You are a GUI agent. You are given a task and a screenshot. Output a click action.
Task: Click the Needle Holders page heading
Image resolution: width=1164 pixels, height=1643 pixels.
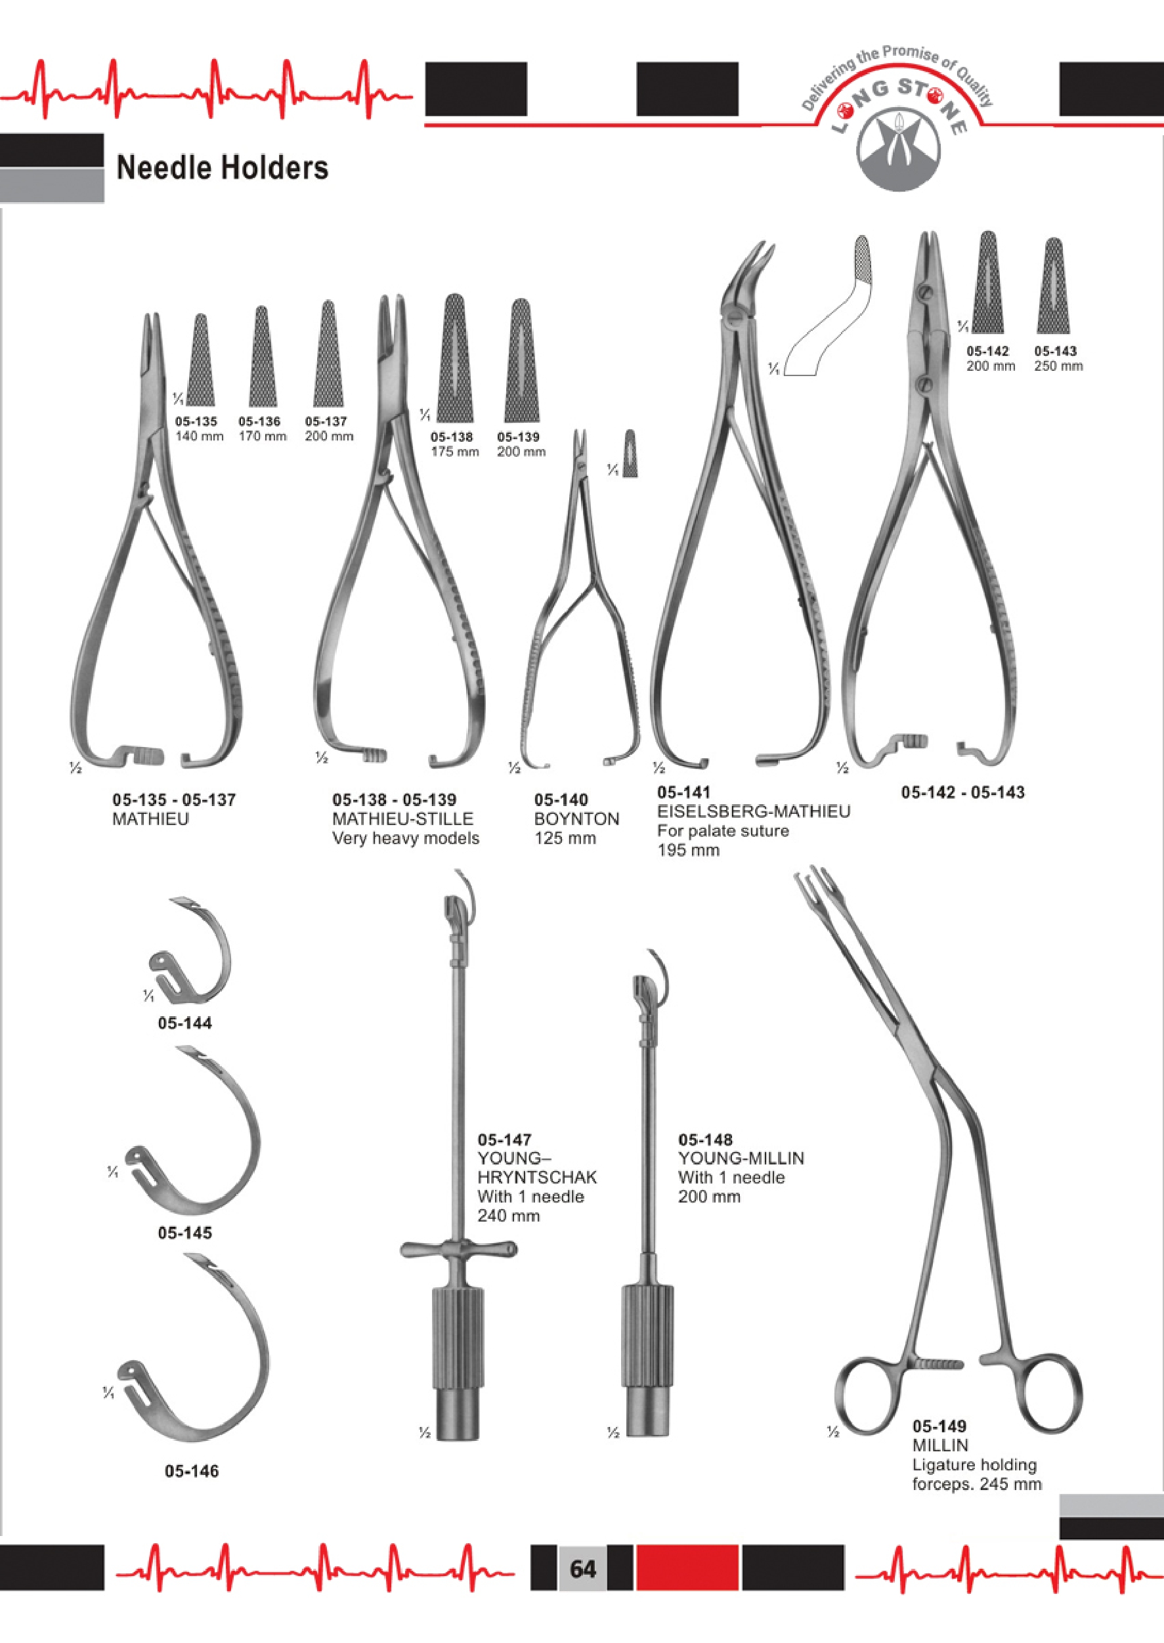click(x=222, y=167)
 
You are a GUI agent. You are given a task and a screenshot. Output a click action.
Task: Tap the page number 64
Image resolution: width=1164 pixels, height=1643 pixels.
click(x=583, y=1568)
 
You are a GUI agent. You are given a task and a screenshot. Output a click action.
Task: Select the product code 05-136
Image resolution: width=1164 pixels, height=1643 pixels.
click(x=259, y=421)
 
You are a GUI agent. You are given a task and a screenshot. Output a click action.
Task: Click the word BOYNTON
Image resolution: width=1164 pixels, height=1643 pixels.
click(x=576, y=819)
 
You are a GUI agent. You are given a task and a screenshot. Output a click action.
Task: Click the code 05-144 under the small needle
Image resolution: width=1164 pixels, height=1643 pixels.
click(x=185, y=1023)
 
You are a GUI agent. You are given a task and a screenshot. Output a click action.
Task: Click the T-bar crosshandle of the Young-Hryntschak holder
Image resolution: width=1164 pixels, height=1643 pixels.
click(x=459, y=1250)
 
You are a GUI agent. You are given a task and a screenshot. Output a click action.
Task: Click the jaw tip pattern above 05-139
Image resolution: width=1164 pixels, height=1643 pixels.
click(x=521, y=360)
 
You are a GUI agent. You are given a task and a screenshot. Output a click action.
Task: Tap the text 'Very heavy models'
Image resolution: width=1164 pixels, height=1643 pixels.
click(x=406, y=838)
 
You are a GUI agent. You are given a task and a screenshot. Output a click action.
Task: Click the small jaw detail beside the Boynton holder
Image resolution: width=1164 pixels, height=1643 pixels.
click(x=630, y=454)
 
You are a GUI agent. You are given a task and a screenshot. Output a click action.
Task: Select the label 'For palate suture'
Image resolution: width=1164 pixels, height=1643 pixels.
click(x=723, y=831)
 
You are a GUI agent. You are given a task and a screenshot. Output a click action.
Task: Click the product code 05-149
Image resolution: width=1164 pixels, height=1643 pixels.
click(x=939, y=1426)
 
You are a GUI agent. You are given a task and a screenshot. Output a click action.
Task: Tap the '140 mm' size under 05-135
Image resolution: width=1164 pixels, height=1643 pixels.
click(x=200, y=437)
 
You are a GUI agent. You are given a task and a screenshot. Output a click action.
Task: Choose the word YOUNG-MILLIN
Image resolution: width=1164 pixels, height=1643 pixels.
click(x=741, y=1158)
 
